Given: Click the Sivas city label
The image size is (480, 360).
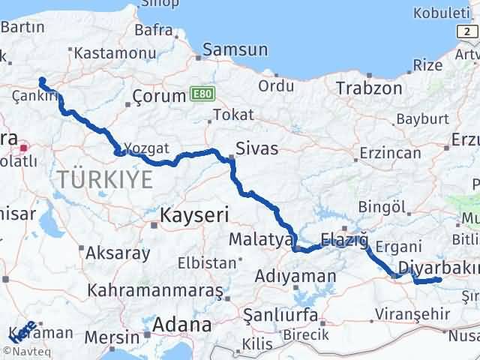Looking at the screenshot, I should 256,148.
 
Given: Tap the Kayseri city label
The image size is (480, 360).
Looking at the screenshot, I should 193,216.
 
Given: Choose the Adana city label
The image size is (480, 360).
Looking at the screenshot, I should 181,325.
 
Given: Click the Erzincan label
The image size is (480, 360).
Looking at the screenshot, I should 389,152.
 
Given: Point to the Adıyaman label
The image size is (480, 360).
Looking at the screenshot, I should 295,277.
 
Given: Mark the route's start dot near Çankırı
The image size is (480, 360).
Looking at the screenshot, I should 42,81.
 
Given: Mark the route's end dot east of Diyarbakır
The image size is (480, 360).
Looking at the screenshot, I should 439,280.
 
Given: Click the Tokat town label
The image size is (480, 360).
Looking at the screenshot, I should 233,115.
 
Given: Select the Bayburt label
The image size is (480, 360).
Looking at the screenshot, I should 422,118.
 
